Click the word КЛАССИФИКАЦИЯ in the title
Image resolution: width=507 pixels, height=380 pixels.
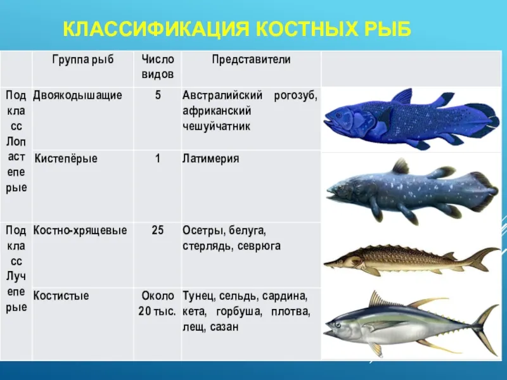(156, 28)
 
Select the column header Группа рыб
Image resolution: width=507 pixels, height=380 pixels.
(83, 60)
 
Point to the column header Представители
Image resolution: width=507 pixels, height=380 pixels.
(251, 60)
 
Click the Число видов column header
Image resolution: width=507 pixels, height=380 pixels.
(158, 67)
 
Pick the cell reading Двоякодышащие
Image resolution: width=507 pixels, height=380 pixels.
(77, 96)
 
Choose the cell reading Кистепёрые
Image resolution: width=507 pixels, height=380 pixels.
(66, 159)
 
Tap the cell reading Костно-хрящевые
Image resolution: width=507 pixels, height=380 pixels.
(80, 231)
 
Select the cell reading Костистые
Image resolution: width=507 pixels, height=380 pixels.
(61, 296)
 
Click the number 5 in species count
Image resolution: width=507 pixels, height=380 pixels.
(158, 95)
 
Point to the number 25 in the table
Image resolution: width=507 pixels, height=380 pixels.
(157, 231)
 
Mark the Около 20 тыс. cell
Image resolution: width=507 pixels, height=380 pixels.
(157, 303)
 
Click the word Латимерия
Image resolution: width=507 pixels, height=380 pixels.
(210, 159)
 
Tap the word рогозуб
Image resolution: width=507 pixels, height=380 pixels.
(295, 96)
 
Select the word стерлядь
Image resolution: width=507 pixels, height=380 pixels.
(208, 246)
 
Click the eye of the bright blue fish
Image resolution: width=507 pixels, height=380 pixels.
(338, 115)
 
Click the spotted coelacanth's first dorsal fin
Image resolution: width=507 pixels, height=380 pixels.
(401, 167)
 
